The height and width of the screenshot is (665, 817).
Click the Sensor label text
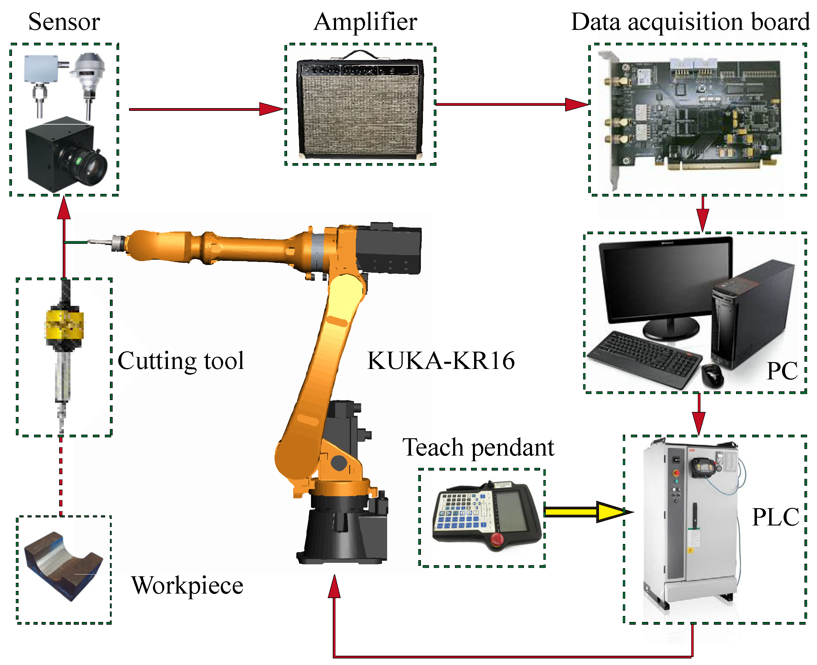64,22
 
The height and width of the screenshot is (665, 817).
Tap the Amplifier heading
365,22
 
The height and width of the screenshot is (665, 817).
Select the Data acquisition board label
690,22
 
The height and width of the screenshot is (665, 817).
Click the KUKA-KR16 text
441,361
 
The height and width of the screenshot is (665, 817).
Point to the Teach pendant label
478,448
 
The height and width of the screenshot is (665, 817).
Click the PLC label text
775,517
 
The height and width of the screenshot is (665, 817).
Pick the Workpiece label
187,585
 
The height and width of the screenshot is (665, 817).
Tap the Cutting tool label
180,361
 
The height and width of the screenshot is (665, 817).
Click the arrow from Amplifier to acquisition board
511,104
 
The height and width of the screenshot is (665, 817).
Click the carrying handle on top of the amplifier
359,54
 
